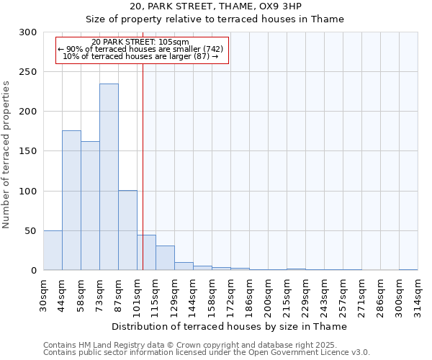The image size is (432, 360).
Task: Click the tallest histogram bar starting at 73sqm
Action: pyautogui.click(x=109, y=177)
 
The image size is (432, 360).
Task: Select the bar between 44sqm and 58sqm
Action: pyautogui.click(x=71, y=200)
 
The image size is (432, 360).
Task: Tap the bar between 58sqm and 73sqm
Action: pyautogui.click(x=90, y=206)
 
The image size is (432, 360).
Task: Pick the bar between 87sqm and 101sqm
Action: pyautogui.click(x=127, y=230)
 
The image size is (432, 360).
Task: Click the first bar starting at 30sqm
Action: pyautogui.click(x=53, y=251)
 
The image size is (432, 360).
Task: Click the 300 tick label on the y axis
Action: pyautogui.click(x=29, y=32)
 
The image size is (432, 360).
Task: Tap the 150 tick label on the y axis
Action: pyautogui.click(x=29, y=151)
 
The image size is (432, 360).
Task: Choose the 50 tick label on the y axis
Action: pyautogui.click(x=32, y=231)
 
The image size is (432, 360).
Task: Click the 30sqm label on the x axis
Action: pyautogui.click(x=44, y=294)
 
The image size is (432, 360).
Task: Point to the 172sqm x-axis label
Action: pyautogui.click(x=231, y=295)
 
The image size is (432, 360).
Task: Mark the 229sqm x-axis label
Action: pyautogui.click(x=306, y=295)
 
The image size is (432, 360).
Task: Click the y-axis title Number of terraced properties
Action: pyautogui.click(x=6, y=154)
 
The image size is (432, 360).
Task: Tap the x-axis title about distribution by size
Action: pyautogui.click(x=230, y=326)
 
